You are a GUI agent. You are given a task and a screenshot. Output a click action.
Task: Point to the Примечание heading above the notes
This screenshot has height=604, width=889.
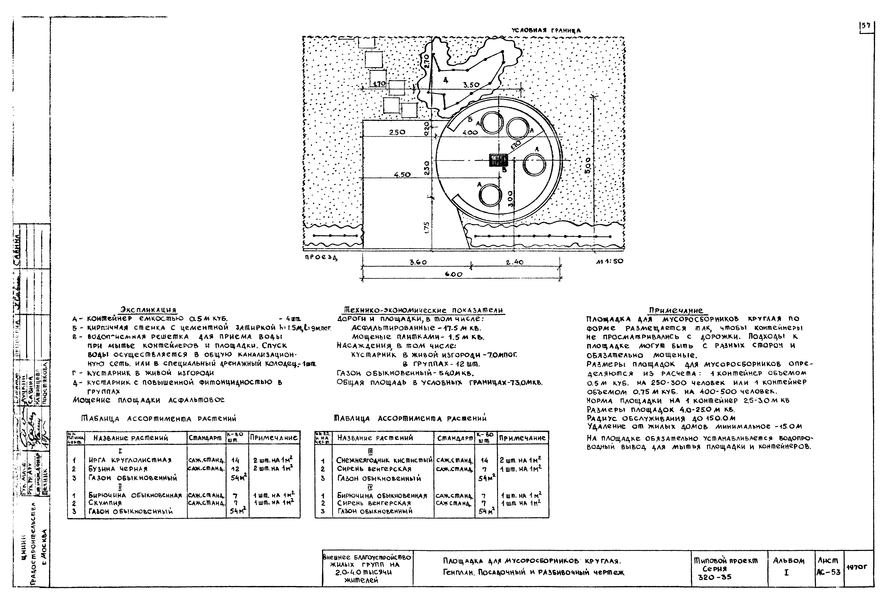coord(676,310)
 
